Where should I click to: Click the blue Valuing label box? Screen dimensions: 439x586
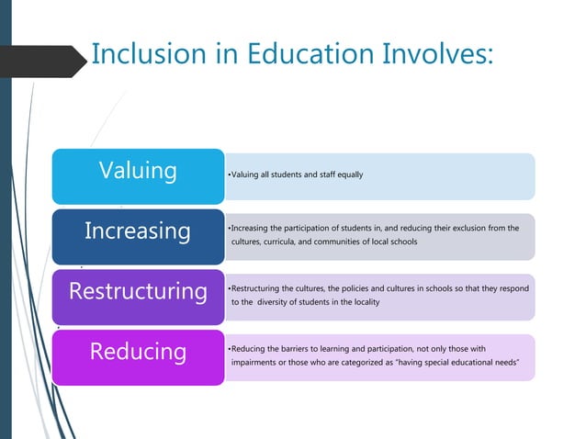pyautogui.click(x=138, y=172)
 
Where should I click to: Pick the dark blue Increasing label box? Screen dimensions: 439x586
pyautogui.click(x=138, y=231)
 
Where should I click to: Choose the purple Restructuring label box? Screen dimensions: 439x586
pyautogui.click(x=138, y=291)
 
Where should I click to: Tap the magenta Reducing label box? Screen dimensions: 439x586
pyautogui.click(x=138, y=352)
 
